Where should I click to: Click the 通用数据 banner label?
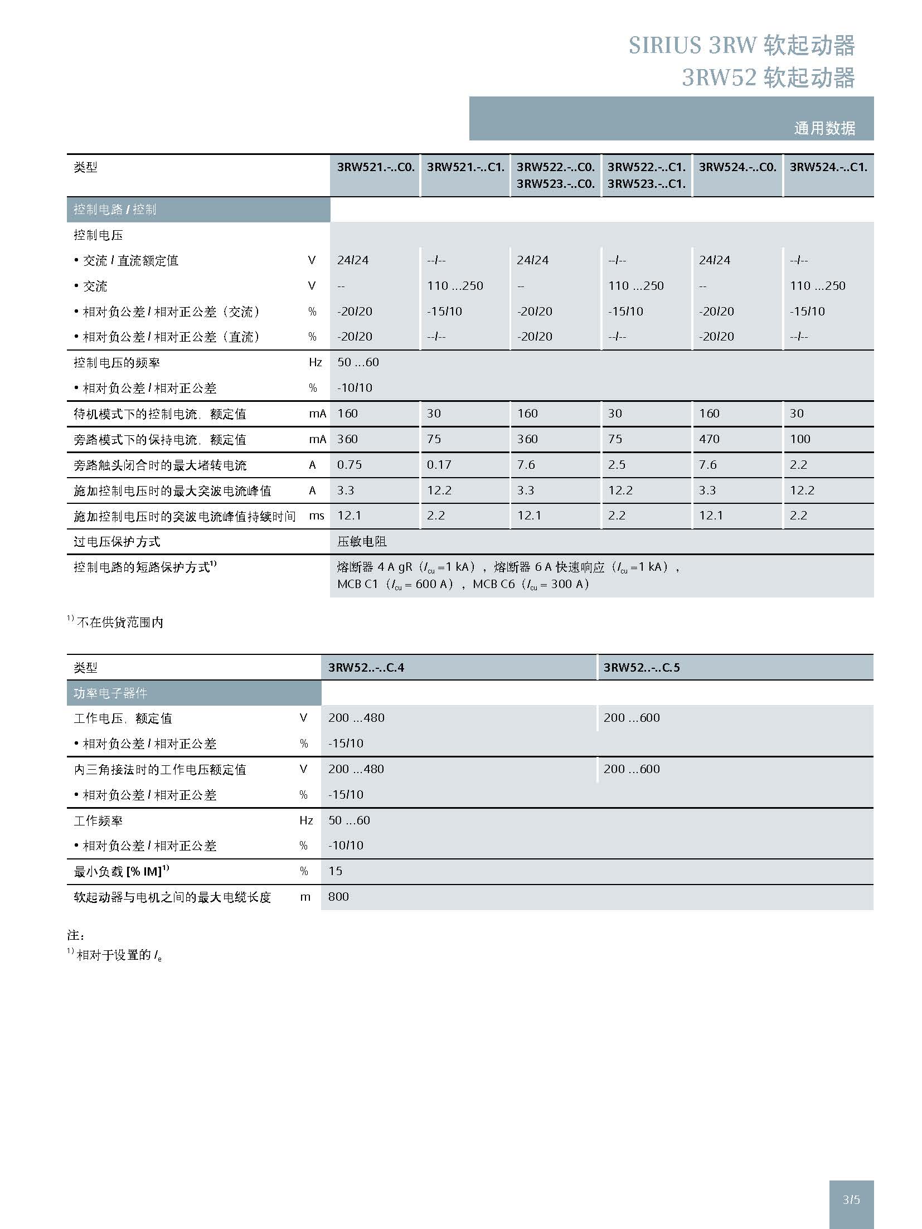coord(824,128)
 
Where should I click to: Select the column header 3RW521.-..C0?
coord(376,167)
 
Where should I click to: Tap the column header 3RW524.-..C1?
coord(828,167)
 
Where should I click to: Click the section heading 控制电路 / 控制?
coord(115,210)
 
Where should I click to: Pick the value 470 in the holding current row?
coord(709,439)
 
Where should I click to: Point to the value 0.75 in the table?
coord(350,465)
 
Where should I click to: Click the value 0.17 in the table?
coord(439,465)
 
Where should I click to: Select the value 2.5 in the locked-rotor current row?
coord(617,465)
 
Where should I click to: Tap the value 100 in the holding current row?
coord(800,439)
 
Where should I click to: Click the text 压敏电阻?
coord(362,542)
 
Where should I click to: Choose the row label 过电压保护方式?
coord(117,542)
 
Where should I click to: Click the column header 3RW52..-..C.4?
coord(366,667)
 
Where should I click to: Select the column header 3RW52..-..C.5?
coord(642,667)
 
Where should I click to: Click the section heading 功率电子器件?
coord(110,693)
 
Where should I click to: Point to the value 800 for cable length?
coord(338,897)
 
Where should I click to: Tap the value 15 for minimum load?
coord(336,871)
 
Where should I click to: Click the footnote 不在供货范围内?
coord(120,623)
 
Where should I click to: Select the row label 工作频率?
coord(98,820)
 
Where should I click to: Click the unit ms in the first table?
coord(317,516)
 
